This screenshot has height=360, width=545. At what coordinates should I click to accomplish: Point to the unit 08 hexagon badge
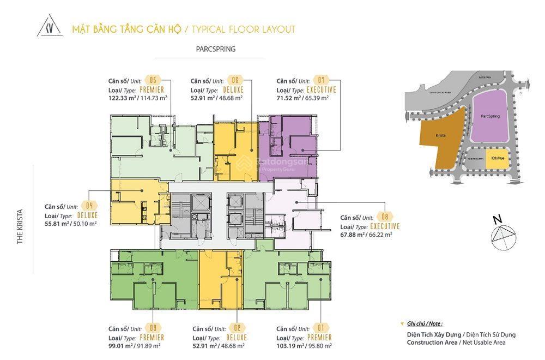385,217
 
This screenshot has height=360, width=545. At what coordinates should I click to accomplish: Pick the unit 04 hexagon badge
89,206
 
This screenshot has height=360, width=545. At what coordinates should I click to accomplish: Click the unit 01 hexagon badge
322,328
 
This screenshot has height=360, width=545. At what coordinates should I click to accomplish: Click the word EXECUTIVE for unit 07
322,89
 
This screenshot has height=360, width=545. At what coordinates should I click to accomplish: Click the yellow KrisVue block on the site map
497,158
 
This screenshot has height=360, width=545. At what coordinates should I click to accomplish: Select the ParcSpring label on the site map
491,116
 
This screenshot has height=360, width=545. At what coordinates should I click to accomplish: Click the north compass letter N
496,220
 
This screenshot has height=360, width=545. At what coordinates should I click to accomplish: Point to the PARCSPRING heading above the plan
216,49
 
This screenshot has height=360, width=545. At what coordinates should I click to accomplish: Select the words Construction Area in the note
432,343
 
